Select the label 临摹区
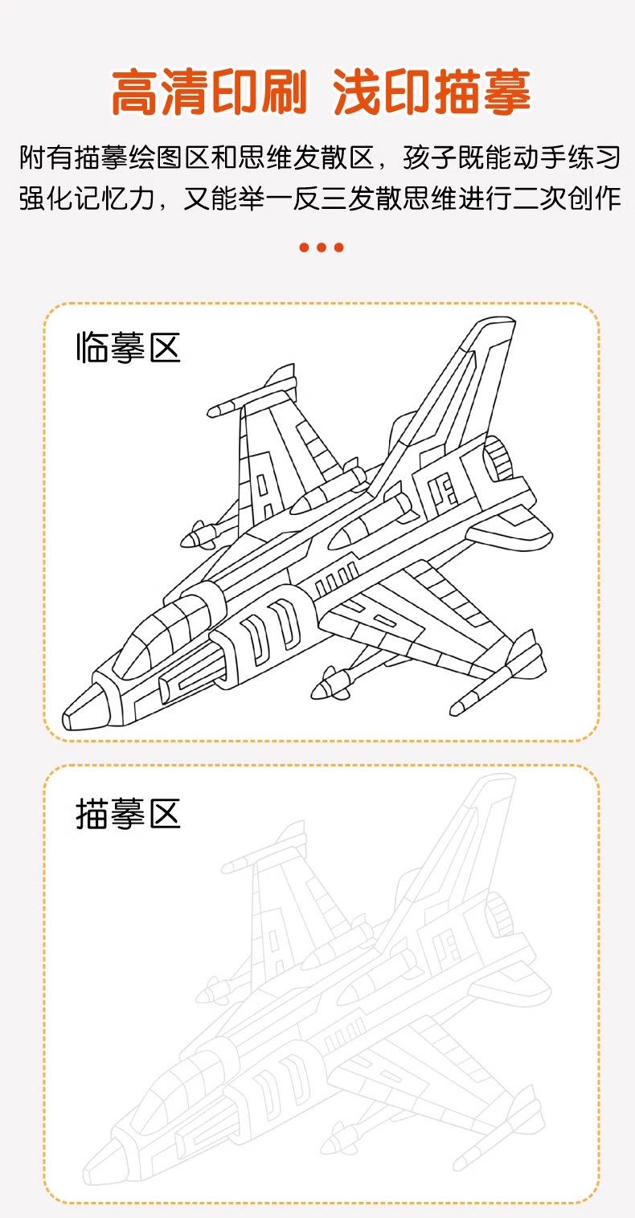pos(128,349)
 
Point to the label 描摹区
pos(128,813)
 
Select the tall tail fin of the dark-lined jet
pos(474,378)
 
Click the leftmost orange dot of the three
pos(304,247)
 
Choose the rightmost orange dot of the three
pos(339,247)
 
